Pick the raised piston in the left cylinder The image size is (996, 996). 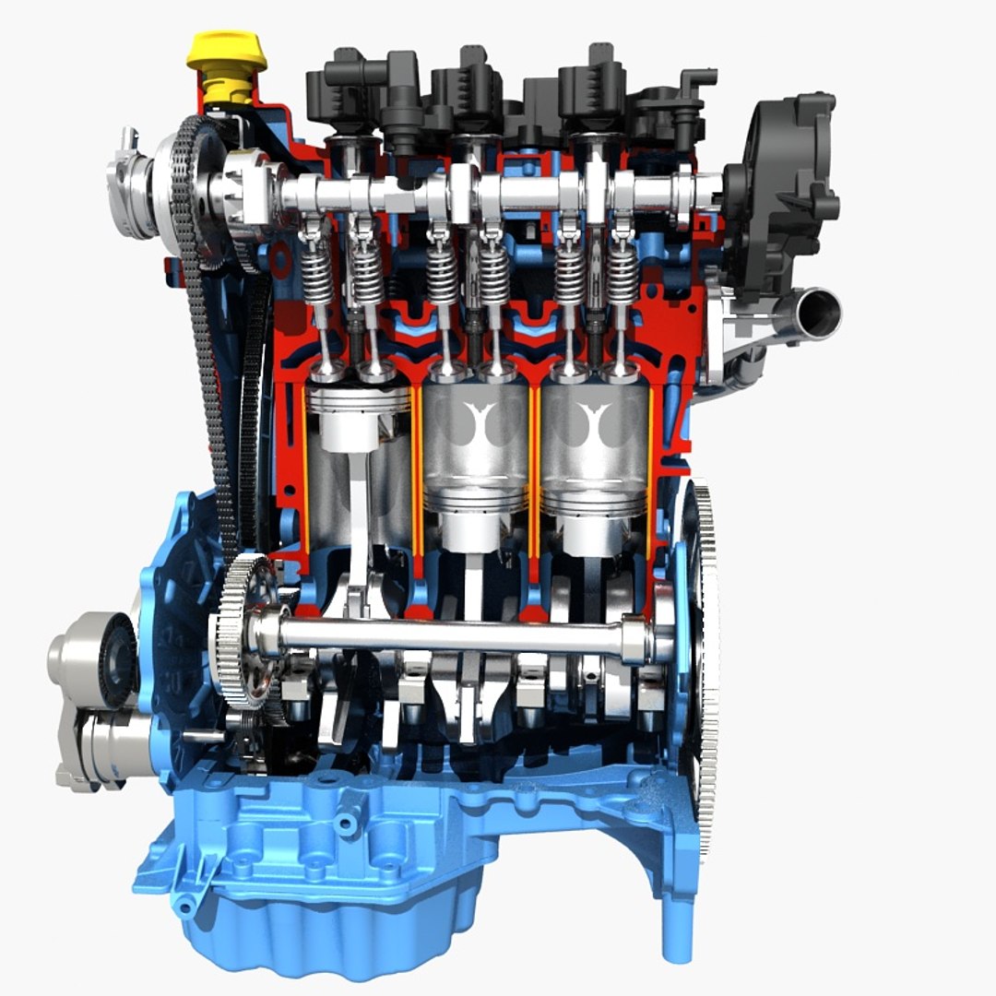[x=358, y=415]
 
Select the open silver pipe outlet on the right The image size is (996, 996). [x=815, y=314]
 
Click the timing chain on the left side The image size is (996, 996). [x=205, y=369]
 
